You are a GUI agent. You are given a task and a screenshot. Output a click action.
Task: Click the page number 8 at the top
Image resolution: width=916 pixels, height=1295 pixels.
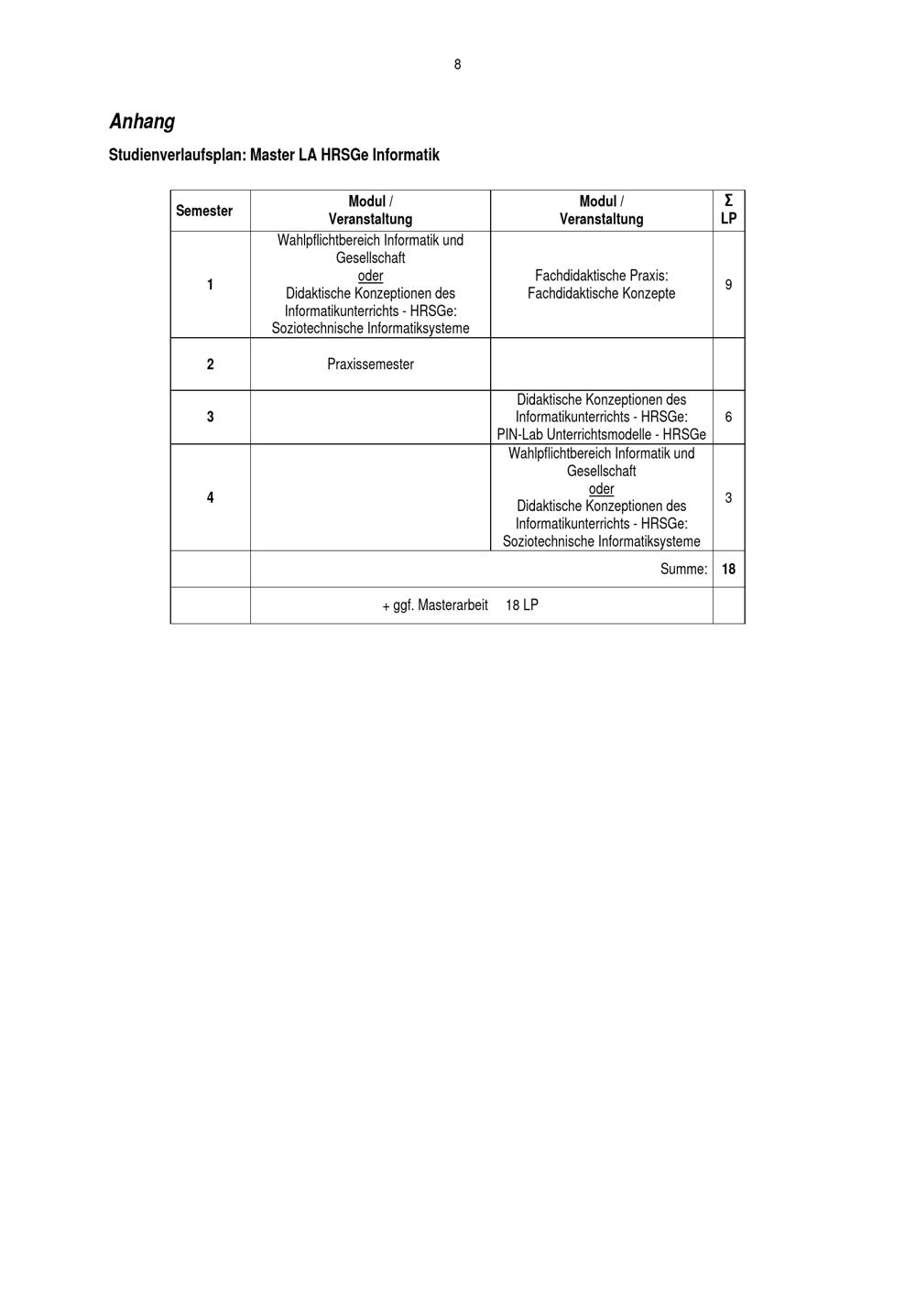(x=457, y=64)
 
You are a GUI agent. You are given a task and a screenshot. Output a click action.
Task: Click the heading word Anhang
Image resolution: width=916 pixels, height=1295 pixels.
(x=142, y=121)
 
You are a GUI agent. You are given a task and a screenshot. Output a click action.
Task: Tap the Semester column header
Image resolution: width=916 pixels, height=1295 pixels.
(x=204, y=211)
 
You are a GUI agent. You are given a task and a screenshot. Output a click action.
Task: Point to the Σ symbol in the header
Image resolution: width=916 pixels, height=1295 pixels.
(x=728, y=201)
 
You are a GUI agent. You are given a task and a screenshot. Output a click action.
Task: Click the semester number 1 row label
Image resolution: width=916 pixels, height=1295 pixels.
(x=210, y=285)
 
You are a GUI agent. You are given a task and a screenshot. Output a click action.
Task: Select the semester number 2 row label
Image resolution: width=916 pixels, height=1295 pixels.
(x=210, y=365)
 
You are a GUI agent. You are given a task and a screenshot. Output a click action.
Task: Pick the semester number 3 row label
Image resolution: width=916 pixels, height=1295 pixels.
(x=210, y=417)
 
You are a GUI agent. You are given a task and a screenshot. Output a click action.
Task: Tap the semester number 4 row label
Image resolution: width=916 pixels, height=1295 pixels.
(x=210, y=497)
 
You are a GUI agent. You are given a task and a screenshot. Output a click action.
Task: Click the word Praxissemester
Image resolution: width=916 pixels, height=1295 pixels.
(x=370, y=365)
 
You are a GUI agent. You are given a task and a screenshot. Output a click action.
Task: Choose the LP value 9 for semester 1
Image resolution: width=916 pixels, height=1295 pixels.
(x=728, y=285)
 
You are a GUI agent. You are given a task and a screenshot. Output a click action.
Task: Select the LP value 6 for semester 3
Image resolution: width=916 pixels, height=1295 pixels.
(x=728, y=417)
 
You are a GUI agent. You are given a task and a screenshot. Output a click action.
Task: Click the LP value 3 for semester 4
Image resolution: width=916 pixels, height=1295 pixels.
(x=728, y=497)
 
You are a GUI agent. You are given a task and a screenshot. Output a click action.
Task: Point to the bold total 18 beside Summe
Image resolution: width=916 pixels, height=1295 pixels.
(x=728, y=569)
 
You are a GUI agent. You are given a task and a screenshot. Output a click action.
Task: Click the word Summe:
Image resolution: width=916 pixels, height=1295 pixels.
(x=683, y=569)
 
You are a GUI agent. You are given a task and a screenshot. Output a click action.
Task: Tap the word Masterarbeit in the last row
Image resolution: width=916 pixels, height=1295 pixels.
(x=453, y=605)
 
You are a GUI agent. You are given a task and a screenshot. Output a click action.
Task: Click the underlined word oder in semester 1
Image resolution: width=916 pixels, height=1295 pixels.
(x=370, y=276)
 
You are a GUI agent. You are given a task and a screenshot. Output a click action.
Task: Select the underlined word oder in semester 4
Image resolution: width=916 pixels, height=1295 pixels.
(x=601, y=489)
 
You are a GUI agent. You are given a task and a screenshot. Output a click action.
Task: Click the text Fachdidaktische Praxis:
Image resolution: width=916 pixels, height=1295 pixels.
(x=601, y=276)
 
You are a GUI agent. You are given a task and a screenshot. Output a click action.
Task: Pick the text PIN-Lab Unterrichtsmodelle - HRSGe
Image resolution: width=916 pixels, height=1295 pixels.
(x=601, y=434)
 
